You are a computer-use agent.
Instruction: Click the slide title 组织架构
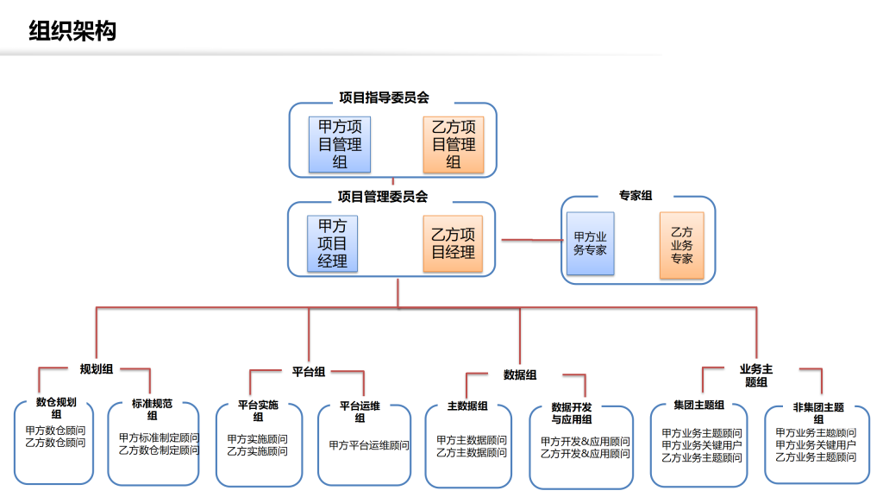(72, 30)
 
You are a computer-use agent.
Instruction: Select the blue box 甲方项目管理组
(340, 144)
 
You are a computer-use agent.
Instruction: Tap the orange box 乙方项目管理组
(454, 144)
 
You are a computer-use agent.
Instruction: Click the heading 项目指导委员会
(384, 98)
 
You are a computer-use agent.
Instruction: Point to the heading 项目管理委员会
(383, 197)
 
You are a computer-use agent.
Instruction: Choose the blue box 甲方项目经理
(332, 243)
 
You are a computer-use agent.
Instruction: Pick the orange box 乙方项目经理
(453, 243)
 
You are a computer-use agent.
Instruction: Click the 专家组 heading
(636, 196)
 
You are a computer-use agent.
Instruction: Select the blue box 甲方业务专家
(590, 243)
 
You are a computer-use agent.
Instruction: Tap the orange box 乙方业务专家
(681, 245)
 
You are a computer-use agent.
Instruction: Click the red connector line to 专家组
(532, 240)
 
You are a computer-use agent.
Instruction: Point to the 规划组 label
(97, 369)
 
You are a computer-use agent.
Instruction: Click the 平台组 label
(309, 372)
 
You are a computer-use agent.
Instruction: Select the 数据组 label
(520, 374)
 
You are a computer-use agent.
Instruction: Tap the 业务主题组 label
(755, 375)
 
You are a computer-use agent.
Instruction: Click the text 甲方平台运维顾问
(369, 445)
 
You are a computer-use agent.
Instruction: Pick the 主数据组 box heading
(467, 406)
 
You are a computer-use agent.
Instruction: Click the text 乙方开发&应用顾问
(586, 454)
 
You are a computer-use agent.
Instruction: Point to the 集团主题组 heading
(698, 406)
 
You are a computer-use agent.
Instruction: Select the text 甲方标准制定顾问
(159, 437)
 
